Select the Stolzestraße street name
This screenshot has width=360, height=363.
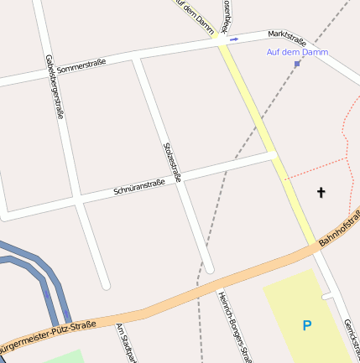click(x=172, y=161)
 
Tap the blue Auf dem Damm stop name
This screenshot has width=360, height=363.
click(x=298, y=52)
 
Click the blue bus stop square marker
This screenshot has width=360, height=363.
click(x=297, y=63)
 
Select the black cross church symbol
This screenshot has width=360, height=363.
click(x=321, y=193)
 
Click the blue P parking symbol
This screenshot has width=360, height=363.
click(x=307, y=325)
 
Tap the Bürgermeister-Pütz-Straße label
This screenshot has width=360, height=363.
click(x=50, y=334)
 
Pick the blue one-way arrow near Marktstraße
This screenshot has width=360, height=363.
click(x=233, y=38)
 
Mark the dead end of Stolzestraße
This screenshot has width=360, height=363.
click(x=210, y=268)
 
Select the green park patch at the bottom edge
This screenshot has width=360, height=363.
click(x=63, y=357)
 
